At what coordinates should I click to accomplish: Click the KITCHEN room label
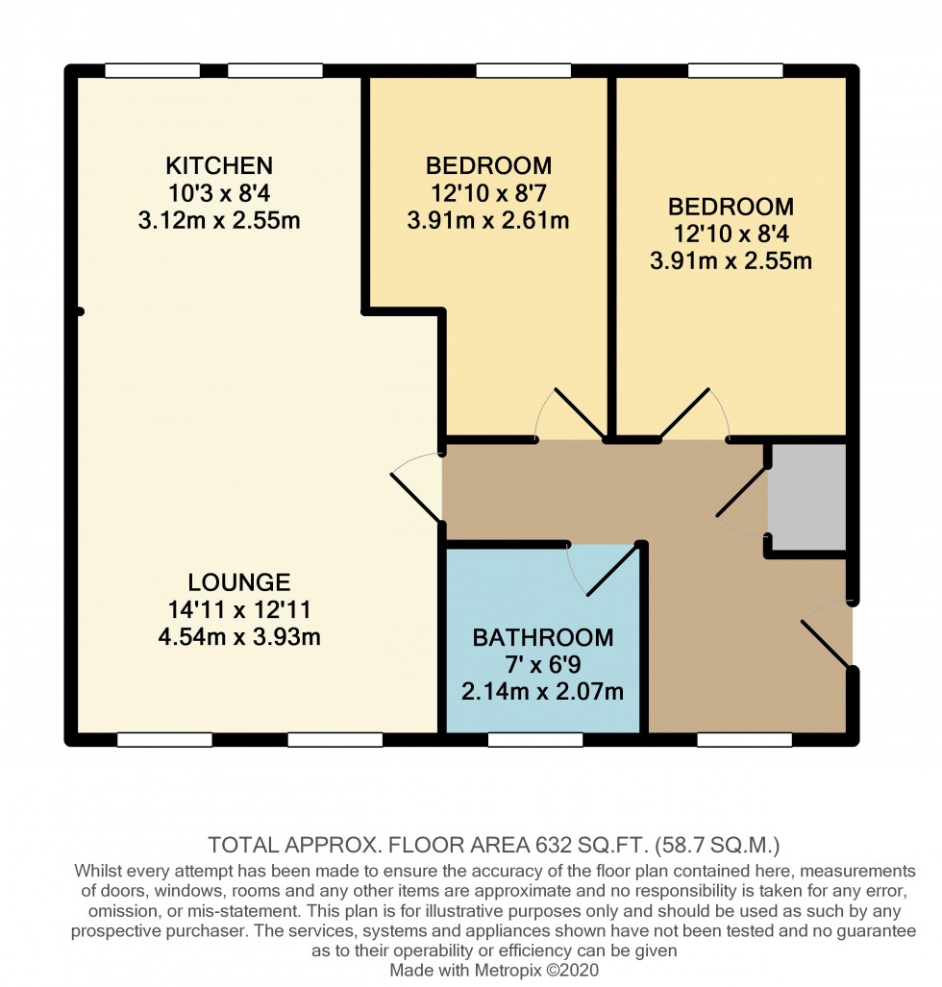[219, 165]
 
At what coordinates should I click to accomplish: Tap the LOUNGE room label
[239, 582]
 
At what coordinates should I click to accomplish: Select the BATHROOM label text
[543, 637]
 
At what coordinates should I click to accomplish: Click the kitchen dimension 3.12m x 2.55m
[219, 221]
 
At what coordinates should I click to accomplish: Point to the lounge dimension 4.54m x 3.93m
[239, 636]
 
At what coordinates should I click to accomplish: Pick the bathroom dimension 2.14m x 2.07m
[543, 691]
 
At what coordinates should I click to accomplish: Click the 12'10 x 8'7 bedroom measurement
[488, 193]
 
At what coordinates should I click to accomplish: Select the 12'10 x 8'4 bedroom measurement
[731, 234]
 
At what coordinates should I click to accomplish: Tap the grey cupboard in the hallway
[807, 497]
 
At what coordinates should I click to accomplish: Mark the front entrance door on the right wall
[826, 634]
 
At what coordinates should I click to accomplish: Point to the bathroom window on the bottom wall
[534, 739]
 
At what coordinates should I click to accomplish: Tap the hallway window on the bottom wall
[744, 739]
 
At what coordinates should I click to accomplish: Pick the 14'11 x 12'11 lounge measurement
[239, 609]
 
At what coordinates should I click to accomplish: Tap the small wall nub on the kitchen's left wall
[80, 311]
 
